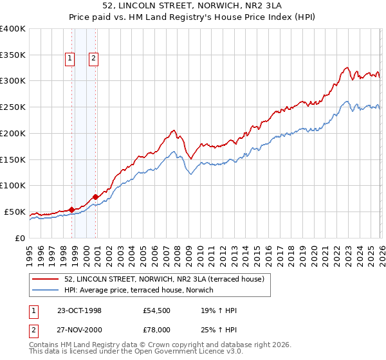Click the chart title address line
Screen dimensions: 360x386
(193, 6)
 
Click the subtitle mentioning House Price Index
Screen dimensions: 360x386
(193, 18)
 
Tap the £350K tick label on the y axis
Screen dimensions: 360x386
(12, 55)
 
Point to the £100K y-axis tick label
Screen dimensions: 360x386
(12, 186)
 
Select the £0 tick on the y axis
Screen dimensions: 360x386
(19, 238)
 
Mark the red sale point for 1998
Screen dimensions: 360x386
(72, 209)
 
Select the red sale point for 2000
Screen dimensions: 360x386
(96, 197)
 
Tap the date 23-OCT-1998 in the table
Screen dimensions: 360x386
(79, 310)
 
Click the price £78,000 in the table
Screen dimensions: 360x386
(157, 330)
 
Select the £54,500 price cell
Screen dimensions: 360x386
(157, 310)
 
